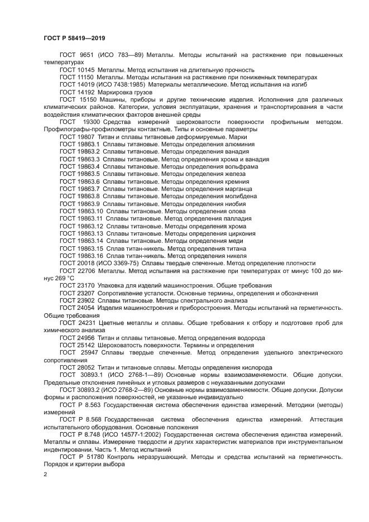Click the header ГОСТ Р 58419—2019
point(74,38)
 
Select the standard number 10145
point(85,69)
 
